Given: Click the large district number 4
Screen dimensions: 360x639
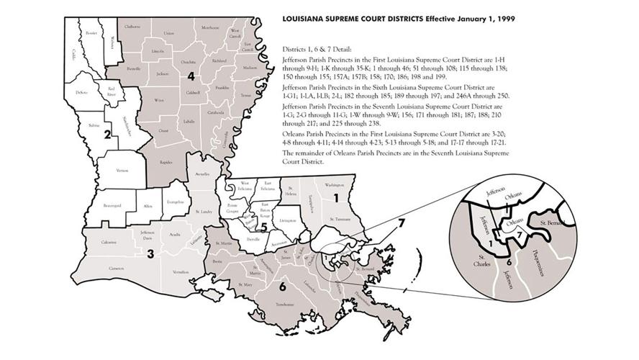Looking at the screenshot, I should tap(191, 76).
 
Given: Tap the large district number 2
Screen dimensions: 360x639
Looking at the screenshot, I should tap(106, 134).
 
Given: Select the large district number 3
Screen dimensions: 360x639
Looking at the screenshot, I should tap(150, 253).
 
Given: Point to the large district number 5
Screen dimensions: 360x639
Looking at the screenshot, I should tap(264, 229).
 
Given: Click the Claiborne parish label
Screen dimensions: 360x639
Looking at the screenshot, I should tap(132, 27).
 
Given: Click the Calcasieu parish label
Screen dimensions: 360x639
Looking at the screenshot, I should tap(109, 243).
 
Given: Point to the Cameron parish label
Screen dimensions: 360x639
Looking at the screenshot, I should tap(117, 268).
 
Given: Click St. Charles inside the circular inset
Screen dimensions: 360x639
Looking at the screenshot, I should tap(477, 258).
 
